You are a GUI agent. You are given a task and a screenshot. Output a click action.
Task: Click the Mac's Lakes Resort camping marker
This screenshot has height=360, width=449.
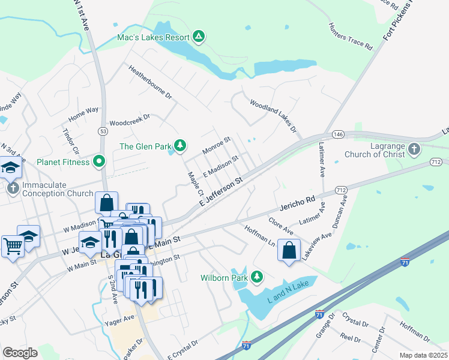[x=199, y=37]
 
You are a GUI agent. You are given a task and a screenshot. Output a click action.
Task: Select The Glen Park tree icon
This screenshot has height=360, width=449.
[x=179, y=146]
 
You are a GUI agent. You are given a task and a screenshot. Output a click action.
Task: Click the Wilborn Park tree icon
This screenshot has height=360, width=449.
[x=257, y=277]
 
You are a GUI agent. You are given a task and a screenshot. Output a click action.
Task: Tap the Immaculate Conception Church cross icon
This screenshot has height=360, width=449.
[x=12, y=188]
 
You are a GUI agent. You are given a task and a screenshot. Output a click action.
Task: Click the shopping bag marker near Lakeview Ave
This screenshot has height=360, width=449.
[x=289, y=250]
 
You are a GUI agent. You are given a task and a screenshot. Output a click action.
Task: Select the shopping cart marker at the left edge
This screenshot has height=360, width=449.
[x=13, y=244]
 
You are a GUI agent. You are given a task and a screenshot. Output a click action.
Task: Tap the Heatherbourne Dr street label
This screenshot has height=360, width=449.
[x=150, y=82]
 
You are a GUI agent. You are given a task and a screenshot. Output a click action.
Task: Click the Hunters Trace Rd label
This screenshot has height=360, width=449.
[x=350, y=37]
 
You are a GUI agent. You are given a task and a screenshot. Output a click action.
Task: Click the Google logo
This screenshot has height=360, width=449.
[x=20, y=353]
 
